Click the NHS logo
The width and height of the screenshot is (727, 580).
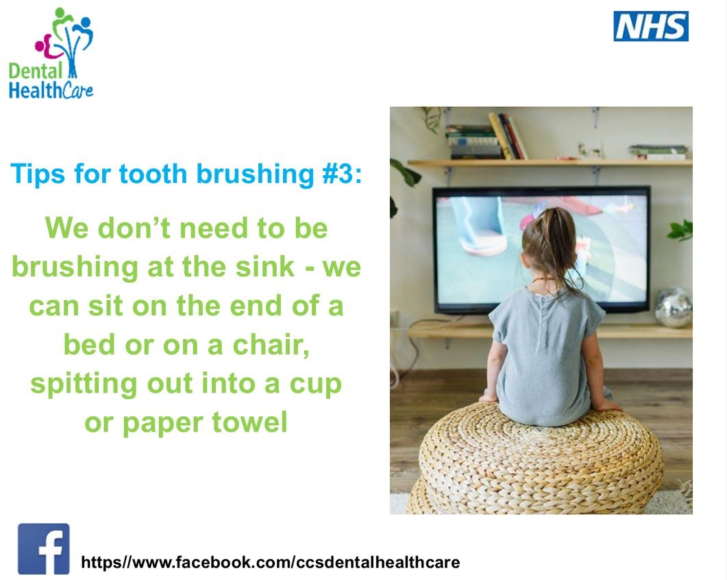click(651, 27)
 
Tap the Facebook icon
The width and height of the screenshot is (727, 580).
click(44, 549)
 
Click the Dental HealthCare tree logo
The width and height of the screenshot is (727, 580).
click(51, 53)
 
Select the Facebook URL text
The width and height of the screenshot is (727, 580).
click(270, 562)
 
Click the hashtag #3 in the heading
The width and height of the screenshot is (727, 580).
click(341, 174)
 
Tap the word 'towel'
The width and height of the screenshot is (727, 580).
click(249, 423)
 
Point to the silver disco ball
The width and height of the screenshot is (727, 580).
click(674, 307)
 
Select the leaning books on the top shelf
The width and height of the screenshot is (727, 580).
click(508, 136)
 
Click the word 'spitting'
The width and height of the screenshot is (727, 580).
click(84, 386)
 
